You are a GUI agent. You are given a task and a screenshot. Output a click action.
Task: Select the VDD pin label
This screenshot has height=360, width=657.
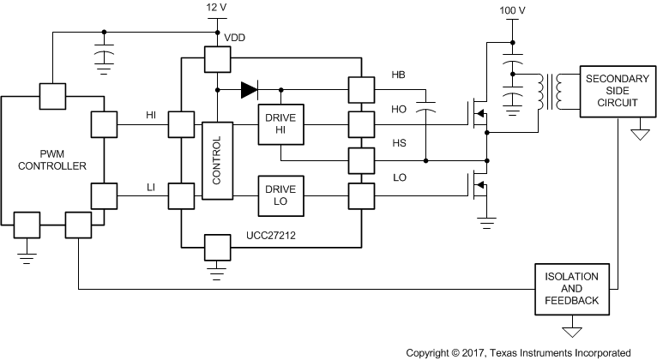[x=234, y=39]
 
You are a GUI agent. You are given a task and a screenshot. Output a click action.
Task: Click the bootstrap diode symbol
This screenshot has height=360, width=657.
[x=250, y=87]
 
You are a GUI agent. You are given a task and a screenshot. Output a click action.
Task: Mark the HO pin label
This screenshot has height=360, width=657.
[x=399, y=111]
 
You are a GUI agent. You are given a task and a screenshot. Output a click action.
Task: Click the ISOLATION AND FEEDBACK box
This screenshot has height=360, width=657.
[x=571, y=291]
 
